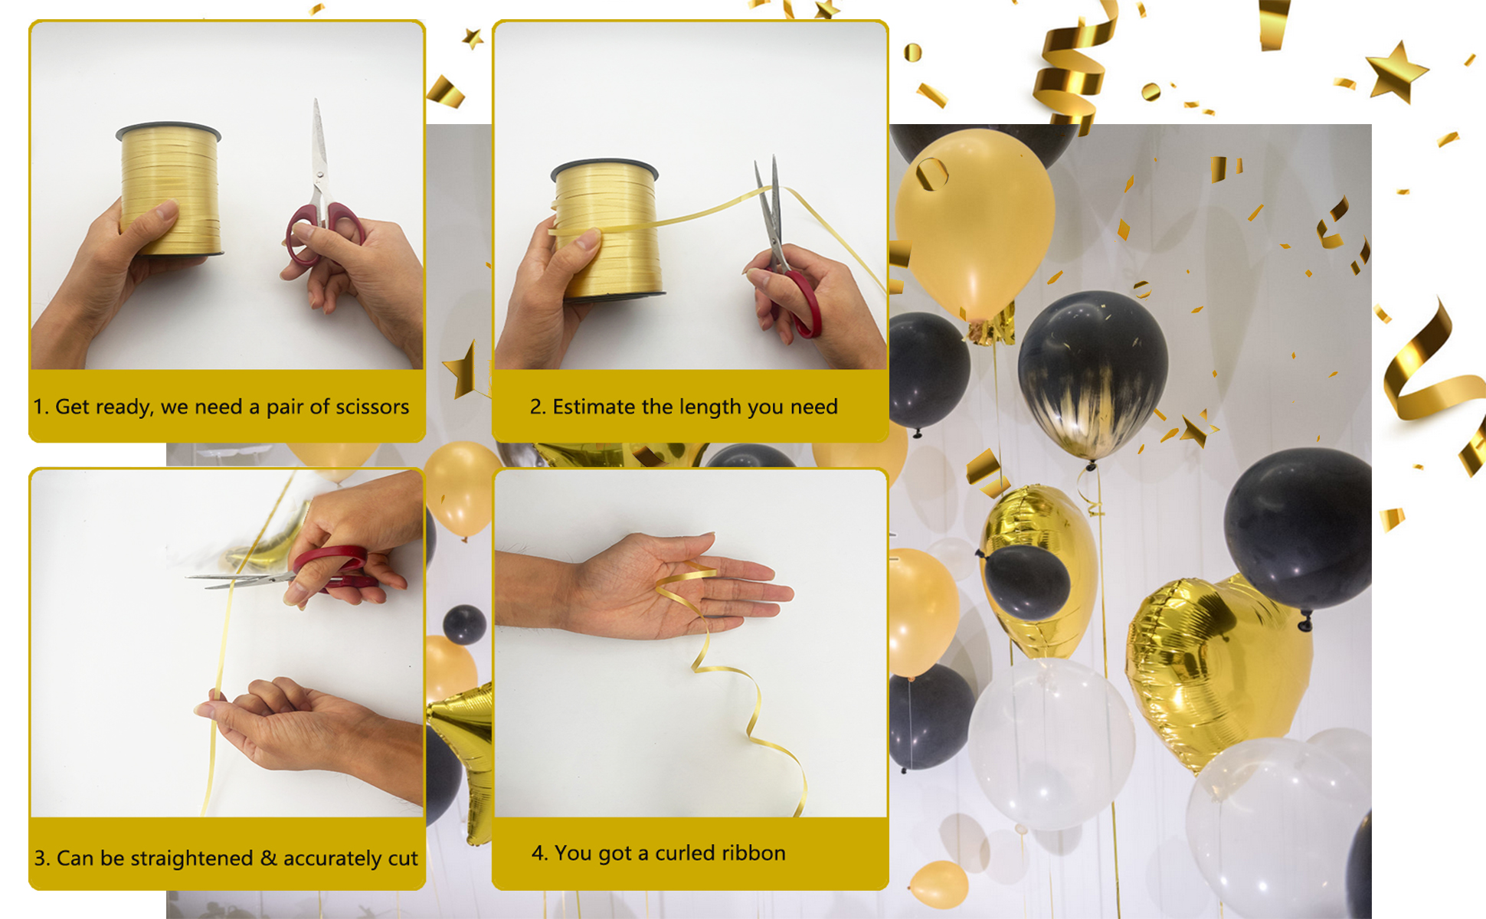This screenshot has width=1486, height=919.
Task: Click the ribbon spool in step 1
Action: pos(169,188)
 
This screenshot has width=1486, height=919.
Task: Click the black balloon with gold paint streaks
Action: pos(1093,375)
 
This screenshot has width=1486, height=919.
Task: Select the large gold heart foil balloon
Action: pos(1218,666)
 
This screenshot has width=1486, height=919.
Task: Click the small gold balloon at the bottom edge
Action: pos(939,884)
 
